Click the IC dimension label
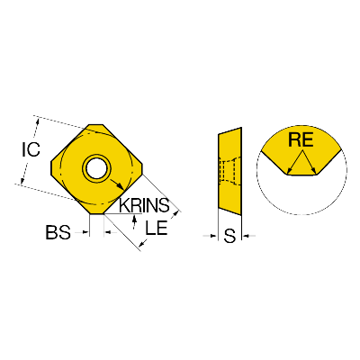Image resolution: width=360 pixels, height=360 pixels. tap(31, 149)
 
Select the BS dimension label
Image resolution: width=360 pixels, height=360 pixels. tap(58, 232)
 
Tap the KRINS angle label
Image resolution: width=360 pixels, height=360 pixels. tap(144, 205)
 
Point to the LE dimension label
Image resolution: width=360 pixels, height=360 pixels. tap(156, 228)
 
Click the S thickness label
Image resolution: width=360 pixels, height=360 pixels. tap(229, 236)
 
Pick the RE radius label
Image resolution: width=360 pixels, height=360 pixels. tap(301, 139)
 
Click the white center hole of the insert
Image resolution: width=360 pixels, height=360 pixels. tap(96, 167)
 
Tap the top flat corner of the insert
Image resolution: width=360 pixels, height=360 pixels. tap(95, 125)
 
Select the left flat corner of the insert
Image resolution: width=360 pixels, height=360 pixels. tap(51, 167)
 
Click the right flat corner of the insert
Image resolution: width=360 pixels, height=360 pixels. tap(141, 168)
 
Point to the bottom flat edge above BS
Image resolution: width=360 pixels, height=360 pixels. tap(96, 213)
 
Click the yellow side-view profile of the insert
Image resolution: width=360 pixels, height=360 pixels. tap(229, 172)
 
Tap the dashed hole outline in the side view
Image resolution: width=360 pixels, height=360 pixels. tap(228, 170)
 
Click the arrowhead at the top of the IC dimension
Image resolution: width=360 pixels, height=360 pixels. tap(38, 121)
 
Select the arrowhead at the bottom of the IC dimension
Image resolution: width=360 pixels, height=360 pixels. tap(22, 180)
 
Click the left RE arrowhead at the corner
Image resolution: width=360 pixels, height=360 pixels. tap(289, 171)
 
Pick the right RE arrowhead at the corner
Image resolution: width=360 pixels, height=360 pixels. tap(314, 171)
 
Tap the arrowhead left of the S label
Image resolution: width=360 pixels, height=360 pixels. tap(214, 236)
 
